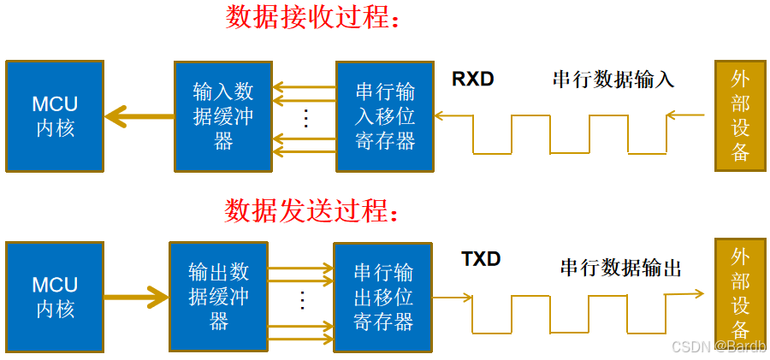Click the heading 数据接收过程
(313, 18)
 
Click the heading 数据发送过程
(311, 210)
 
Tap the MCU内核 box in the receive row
(55, 116)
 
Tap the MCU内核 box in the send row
(55, 297)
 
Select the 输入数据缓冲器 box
(222, 116)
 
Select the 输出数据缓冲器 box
(218, 297)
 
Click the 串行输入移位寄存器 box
(384, 116)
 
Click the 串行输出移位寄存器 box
(382, 297)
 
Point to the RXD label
(473, 80)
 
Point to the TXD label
(481, 259)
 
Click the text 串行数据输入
(613, 80)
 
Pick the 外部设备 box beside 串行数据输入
(740, 116)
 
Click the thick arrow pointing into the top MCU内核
(137, 116)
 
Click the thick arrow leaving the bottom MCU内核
(137, 298)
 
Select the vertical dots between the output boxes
(301, 299)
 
